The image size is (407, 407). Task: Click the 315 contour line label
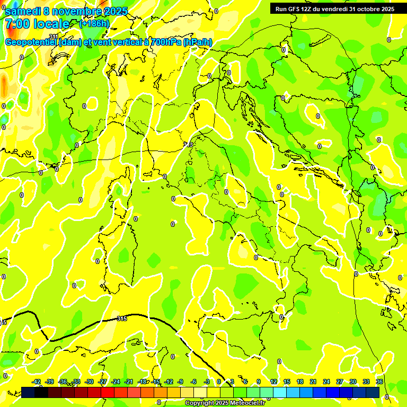click(121, 318)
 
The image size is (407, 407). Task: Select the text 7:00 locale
click(37, 24)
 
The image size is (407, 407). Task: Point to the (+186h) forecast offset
click(94, 24)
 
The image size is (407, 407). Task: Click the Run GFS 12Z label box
click(334, 8)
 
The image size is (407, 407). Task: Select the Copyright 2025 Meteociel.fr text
click(225, 403)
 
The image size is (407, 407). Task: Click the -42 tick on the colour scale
click(37, 382)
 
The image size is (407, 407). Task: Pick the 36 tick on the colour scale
click(379, 382)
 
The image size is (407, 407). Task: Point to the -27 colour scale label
click(103, 382)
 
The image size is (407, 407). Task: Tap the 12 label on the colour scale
click(273, 382)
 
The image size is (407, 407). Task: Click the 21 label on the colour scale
click(313, 382)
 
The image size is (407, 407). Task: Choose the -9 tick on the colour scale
click(180, 382)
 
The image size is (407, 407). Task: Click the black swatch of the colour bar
click(41, 392)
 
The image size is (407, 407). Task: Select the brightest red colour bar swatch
click(108, 392)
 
